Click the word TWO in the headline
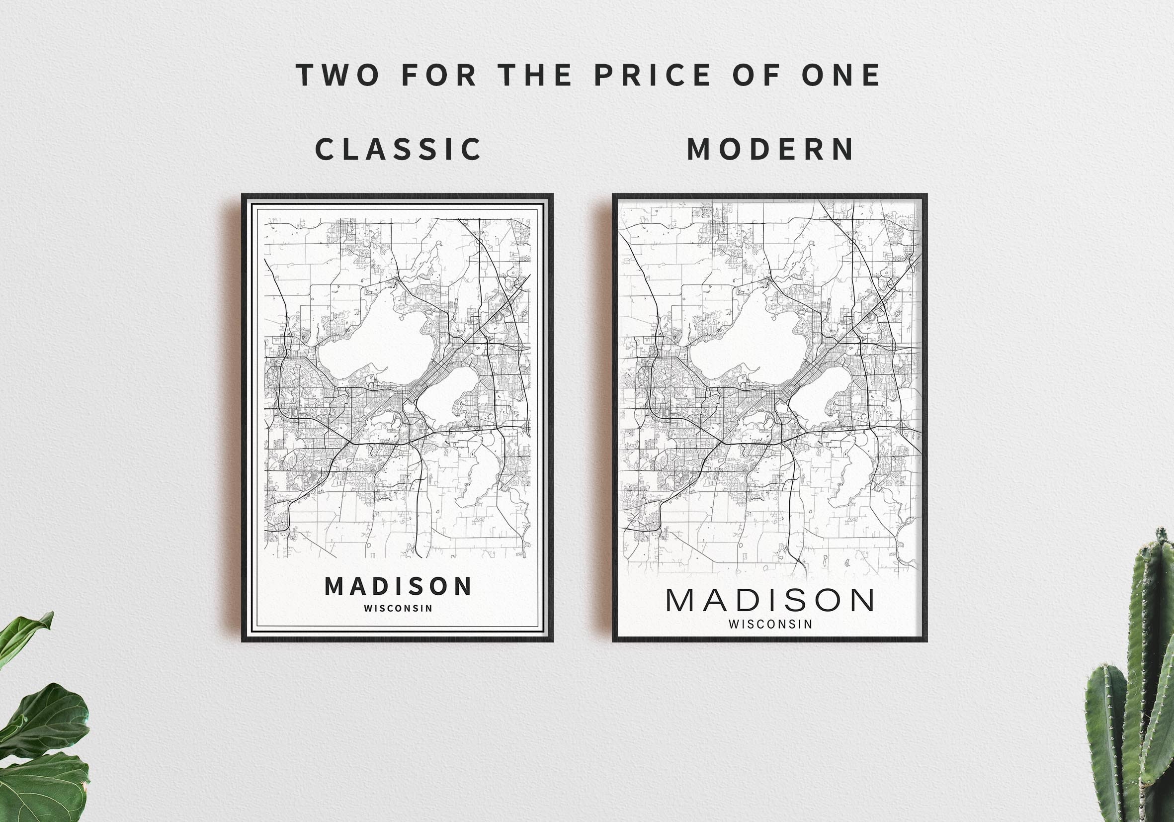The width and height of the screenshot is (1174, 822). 337,75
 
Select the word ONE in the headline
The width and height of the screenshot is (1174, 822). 840,75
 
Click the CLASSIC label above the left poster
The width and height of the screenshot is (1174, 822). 398,149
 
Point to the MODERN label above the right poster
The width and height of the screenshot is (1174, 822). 770,149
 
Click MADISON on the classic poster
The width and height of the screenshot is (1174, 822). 398,587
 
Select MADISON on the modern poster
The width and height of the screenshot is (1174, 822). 770,601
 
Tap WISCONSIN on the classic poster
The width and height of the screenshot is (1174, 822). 398,609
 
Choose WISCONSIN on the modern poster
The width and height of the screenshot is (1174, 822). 770,624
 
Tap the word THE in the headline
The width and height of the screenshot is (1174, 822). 535,75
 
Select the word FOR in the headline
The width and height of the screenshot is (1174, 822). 439,75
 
